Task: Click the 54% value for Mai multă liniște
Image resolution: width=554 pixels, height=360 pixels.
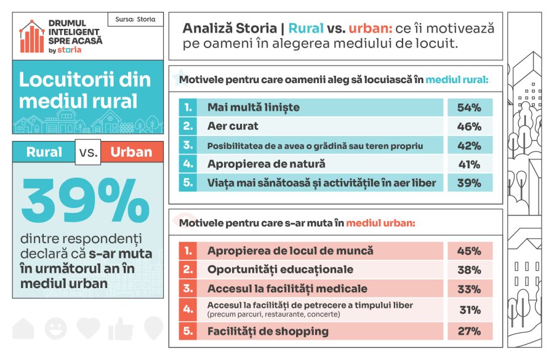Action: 469,108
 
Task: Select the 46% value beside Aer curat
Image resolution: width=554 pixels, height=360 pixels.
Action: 469,127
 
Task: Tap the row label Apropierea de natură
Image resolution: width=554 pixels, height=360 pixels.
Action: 266,164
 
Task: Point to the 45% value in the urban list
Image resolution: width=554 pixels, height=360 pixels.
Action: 469,251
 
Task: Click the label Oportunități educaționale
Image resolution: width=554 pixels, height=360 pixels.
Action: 280,270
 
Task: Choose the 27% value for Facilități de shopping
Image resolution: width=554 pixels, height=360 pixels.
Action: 469,331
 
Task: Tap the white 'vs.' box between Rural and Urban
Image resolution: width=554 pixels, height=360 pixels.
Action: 88,152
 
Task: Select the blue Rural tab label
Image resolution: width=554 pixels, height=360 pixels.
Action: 44,152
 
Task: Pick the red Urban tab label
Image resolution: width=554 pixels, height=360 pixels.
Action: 131,152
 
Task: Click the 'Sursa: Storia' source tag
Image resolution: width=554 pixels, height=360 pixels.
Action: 135,19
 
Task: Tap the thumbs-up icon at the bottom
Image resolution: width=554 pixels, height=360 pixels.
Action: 121,329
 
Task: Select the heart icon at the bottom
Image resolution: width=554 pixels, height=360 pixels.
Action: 88,327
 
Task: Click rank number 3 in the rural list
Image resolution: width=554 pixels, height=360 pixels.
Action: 188,145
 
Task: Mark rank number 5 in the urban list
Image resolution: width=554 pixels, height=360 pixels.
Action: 188,331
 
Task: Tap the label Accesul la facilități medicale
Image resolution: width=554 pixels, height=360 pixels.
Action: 287,289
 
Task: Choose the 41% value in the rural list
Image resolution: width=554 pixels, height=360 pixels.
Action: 469,164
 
